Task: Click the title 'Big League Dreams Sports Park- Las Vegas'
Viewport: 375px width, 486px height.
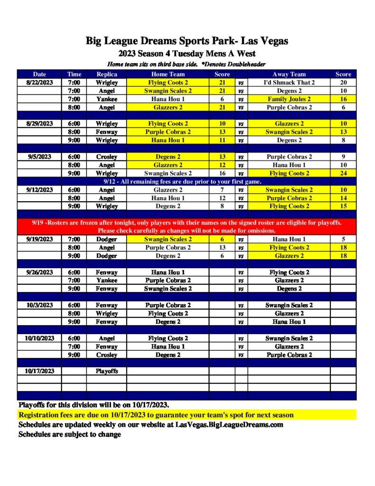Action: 187,41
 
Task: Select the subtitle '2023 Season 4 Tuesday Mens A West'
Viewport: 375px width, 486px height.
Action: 187,53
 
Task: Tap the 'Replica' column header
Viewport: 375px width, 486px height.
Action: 107,74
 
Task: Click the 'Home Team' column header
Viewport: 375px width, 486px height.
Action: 168,74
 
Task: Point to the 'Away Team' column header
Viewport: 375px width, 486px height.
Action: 289,74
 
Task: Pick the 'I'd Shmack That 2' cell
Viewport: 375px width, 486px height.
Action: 289,83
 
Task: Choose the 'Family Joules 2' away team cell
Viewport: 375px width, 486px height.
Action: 289,99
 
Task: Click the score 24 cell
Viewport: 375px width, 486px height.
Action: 343,173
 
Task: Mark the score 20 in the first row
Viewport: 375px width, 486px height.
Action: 343,83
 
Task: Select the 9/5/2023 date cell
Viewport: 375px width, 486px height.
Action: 40,157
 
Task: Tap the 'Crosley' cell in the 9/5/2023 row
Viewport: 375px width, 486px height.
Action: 107,157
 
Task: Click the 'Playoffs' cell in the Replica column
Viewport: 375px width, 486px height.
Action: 107,371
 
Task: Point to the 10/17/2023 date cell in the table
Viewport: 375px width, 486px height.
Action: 40,371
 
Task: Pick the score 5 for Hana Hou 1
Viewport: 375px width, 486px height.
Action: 343,239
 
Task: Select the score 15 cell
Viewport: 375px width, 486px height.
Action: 343,206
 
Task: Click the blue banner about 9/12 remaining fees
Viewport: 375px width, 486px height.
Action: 187,181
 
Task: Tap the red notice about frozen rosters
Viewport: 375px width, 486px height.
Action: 187,226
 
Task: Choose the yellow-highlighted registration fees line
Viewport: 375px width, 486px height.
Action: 156,415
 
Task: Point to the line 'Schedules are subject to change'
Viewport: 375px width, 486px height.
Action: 70,434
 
